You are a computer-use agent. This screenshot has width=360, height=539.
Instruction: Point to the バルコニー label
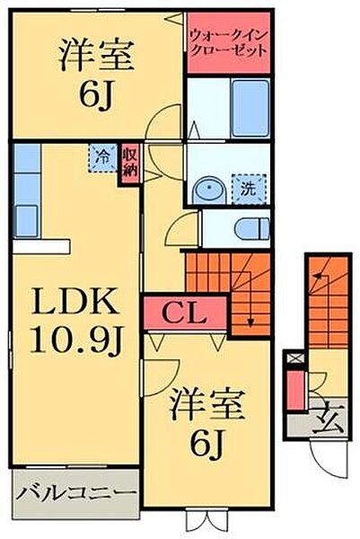[x=76, y=493]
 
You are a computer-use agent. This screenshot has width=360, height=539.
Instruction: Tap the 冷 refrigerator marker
[x=103, y=158]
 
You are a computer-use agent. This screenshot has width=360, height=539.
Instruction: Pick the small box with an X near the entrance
[x=291, y=358]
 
